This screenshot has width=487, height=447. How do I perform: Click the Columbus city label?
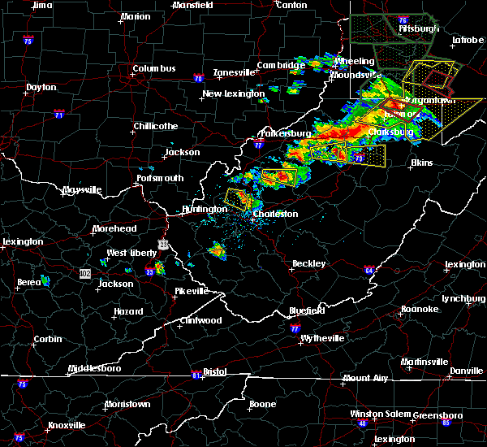(x=154, y=68)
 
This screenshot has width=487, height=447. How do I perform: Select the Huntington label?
(x=205, y=209)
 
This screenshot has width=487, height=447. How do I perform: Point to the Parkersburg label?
(x=285, y=132)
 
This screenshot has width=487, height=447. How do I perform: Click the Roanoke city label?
(x=418, y=309)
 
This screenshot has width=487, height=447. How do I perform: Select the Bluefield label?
(x=308, y=310)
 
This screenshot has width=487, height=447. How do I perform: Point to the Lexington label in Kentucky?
(x=22, y=241)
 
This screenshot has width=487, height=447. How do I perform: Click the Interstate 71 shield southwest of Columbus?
(x=58, y=115)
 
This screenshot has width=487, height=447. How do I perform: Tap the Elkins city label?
(x=421, y=163)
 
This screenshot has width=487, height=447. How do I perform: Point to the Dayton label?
(x=41, y=87)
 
